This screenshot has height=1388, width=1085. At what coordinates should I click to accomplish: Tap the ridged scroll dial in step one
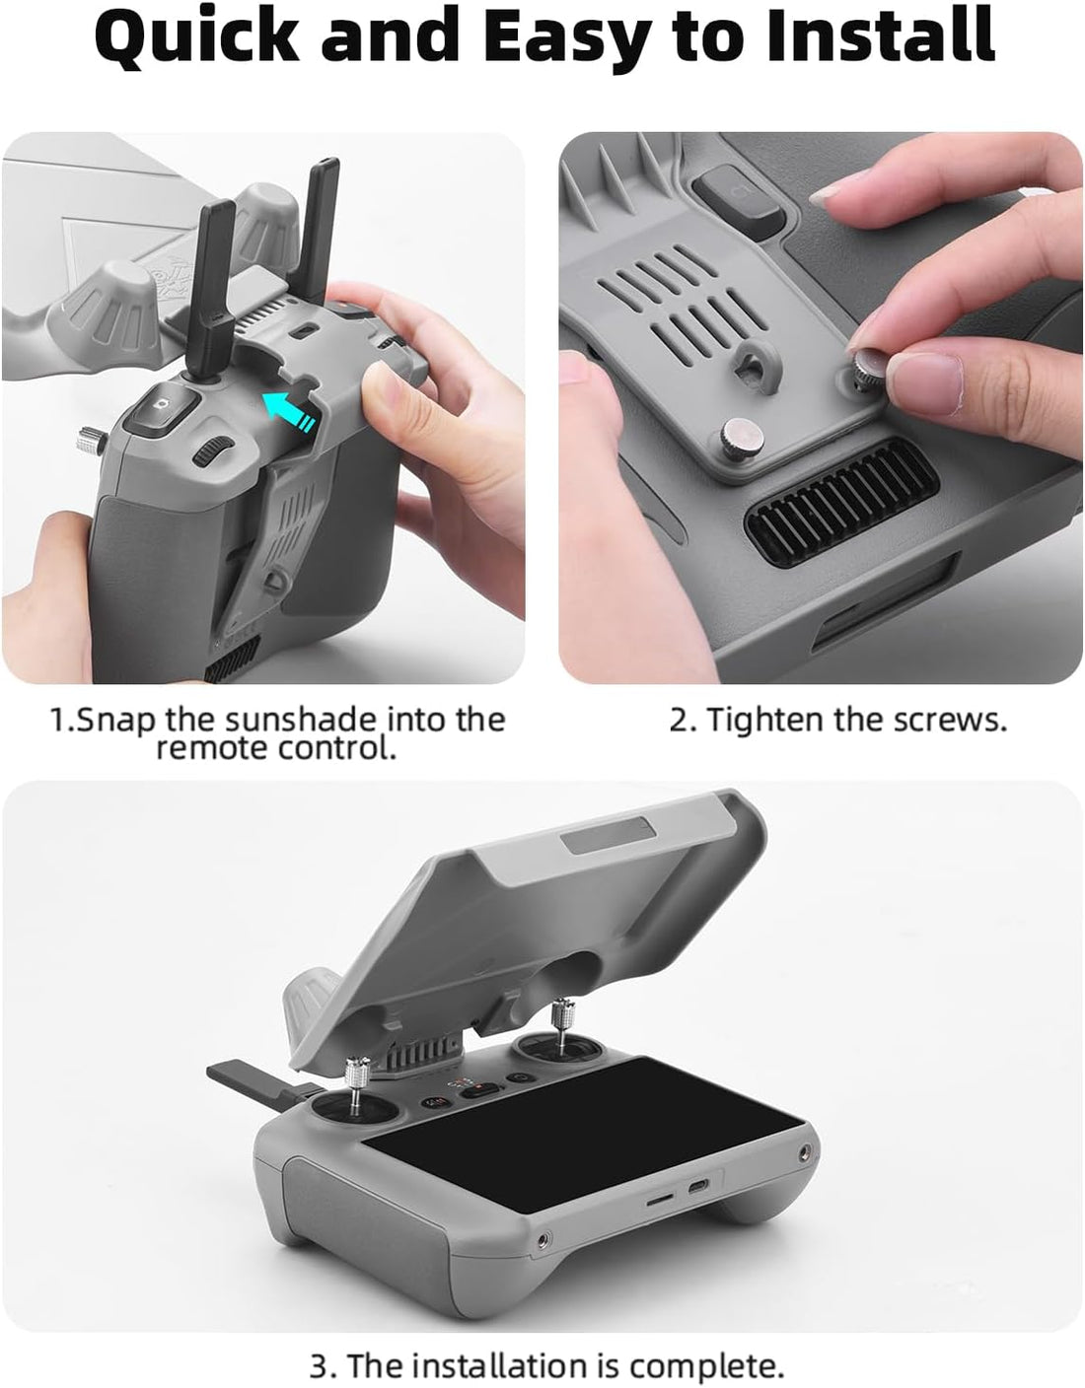click(208, 452)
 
